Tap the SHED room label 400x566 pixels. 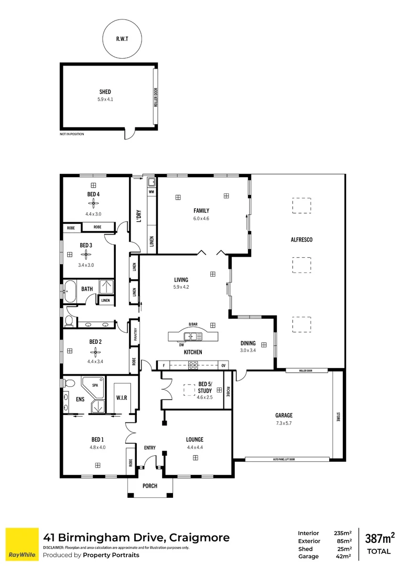click(105, 92)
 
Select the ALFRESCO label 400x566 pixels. click(301, 240)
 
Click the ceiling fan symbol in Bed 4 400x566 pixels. click(93, 203)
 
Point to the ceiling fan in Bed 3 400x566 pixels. click(86, 255)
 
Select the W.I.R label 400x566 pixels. click(122, 398)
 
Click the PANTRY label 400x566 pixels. click(135, 335)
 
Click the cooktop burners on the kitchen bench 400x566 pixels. click(192, 365)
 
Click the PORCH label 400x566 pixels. click(150, 486)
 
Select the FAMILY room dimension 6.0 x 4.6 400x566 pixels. click(201, 219)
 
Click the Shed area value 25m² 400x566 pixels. click(343, 549)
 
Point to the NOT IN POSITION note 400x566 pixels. click(72, 134)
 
